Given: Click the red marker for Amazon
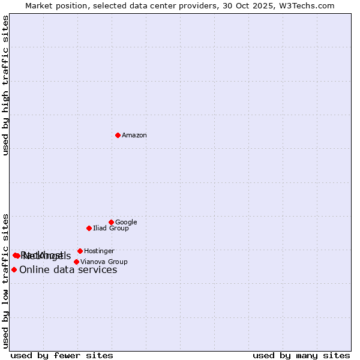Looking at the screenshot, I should point(118,135).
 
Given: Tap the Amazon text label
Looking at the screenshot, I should point(134,136).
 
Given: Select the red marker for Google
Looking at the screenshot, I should point(111,222).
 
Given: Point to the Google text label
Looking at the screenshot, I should point(126,223).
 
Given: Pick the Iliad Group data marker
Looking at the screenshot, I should point(89,228).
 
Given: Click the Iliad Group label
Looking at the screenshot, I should point(111,229).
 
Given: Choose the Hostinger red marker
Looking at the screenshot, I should point(80,251).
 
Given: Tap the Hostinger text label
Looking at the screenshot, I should point(99,251).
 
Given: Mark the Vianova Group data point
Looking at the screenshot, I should point(76,262).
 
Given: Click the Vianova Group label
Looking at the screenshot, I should point(104,262).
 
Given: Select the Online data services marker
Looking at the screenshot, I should point(14,269).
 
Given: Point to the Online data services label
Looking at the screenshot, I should point(68,270).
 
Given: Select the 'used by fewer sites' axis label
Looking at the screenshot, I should point(62,355).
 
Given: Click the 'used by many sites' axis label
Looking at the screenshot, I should point(301,355).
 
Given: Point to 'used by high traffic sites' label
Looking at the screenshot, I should point(6,85).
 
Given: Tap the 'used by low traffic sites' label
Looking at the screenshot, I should point(6,281).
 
